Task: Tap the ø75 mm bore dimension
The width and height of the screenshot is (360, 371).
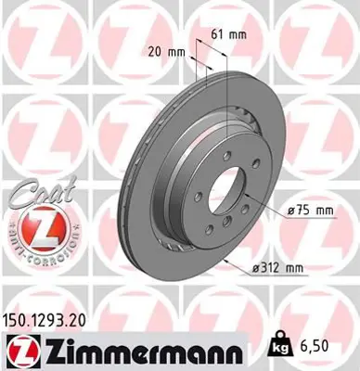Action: click(x=311, y=212)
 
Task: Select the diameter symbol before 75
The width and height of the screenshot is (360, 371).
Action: click(x=291, y=212)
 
